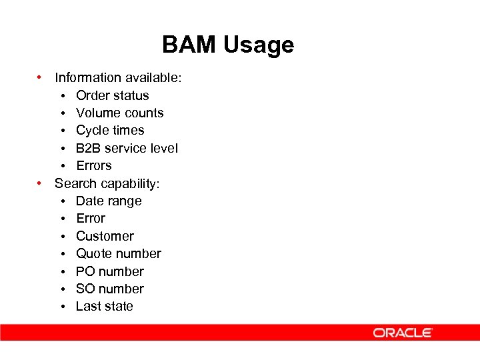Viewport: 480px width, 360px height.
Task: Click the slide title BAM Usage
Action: (x=228, y=45)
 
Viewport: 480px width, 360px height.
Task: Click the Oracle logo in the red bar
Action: (x=403, y=333)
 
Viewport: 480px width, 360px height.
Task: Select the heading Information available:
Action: (x=118, y=78)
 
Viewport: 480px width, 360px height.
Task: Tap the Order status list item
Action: (x=112, y=95)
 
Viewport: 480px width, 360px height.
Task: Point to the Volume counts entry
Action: (x=119, y=113)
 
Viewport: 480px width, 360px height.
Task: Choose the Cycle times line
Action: (x=110, y=130)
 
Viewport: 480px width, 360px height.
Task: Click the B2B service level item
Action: (x=127, y=148)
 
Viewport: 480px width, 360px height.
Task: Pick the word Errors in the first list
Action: (x=93, y=165)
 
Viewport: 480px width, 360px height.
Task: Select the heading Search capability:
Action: (x=107, y=183)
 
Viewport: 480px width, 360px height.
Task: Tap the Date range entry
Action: (x=109, y=201)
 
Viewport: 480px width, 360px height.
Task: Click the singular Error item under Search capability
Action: (x=91, y=218)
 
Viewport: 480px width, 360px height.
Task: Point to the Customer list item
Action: (x=105, y=236)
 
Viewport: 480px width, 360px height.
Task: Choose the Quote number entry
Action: (x=118, y=253)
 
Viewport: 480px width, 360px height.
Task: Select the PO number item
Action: (x=109, y=271)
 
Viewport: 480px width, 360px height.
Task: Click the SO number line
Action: (x=109, y=289)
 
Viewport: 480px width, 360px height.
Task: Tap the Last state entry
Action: (x=104, y=306)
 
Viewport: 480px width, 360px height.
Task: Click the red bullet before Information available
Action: (x=41, y=77)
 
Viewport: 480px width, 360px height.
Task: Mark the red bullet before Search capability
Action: (x=41, y=183)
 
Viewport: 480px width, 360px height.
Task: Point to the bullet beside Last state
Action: (x=62, y=307)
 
